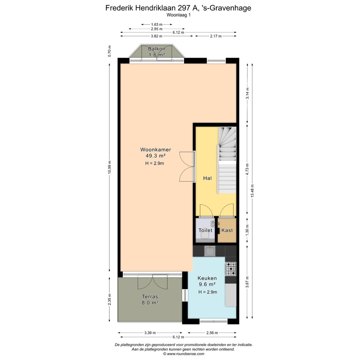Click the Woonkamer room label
(x=153, y=150)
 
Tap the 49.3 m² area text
(x=153, y=156)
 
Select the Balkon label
(x=157, y=49)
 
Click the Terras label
(x=150, y=296)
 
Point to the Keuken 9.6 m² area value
(x=207, y=284)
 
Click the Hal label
(x=207, y=178)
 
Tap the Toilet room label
(x=205, y=230)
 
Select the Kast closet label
(x=227, y=230)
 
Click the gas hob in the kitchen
(x=231, y=269)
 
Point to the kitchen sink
(x=210, y=251)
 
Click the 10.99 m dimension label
(x=109, y=167)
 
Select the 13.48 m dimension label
(x=252, y=191)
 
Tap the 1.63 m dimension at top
(x=157, y=24)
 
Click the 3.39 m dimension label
(x=150, y=333)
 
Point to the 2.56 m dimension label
(x=212, y=333)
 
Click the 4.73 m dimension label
(x=247, y=169)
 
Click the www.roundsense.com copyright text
(x=183, y=354)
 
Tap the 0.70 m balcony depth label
(x=109, y=51)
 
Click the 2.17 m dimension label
(x=216, y=36)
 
